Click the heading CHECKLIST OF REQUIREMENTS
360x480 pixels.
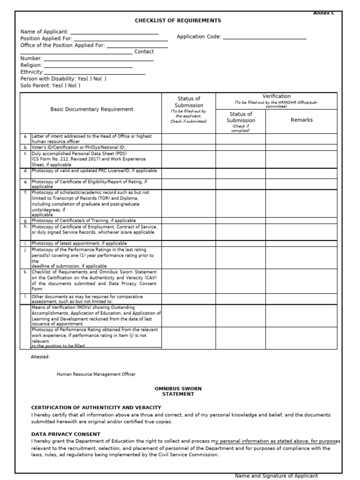click(x=178, y=21)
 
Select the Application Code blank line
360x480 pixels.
click(x=264, y=37)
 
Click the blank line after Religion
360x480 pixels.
click(x=88, y=66)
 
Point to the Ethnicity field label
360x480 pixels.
click(x=32, y=72)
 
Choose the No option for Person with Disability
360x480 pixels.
click(x=99, y=79)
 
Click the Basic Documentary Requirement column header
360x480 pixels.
click(x=92, y=109)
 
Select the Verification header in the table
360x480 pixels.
click(x=276, y=96)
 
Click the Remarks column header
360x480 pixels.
click(x=301, y=120)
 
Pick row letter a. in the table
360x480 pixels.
click(x=25, y=136)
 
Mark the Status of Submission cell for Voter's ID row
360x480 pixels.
click(x=188, y=147)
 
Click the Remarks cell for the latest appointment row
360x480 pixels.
click(x=301, y=244)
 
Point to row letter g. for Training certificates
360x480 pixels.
click(x=25, y=220)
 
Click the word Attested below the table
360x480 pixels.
click(x=40, y=357)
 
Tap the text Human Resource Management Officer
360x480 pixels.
click(x=96, y=374)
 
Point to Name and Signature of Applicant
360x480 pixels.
click(x=276, y=476)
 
